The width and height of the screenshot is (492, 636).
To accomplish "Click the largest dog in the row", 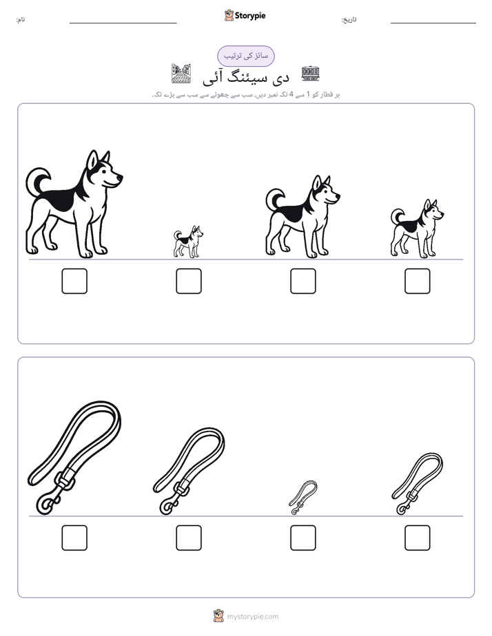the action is (73, 207).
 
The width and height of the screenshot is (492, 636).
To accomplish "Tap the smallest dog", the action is (188, 242).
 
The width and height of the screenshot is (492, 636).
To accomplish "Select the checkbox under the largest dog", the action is (74, 281).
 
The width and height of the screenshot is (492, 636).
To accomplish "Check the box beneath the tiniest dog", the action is (189, 281).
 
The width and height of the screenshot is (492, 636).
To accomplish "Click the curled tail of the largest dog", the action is (37, 180).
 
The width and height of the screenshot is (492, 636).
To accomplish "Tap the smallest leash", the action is (303, 498).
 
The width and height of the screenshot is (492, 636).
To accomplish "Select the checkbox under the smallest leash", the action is (303, 538).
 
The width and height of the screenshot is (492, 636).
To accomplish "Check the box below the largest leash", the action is (74, 538).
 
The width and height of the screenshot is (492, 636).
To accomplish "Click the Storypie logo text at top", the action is (250, 16).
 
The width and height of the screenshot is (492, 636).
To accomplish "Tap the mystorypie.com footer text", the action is (252, 617).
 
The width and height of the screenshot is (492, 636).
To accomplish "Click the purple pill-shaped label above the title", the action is (246, 56).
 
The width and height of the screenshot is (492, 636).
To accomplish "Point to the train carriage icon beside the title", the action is (310, 73).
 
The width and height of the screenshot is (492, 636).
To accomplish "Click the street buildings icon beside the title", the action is (181, 74).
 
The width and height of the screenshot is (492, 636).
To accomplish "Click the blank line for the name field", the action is (123, 23).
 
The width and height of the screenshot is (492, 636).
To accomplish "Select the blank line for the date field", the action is (433, 23).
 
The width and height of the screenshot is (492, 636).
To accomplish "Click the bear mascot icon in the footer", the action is (218, 616).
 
